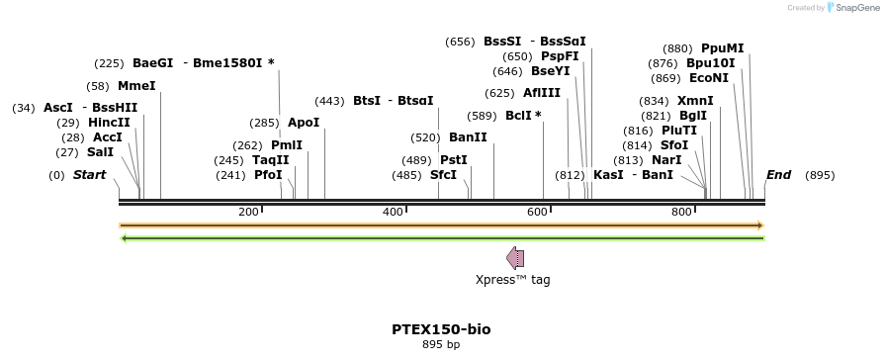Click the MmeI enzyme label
pos(136,86)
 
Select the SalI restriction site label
pos(100,152)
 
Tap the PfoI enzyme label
pos(268,175)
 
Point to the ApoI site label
pos(304,123)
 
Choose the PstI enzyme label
pos(454,160)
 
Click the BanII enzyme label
pos(468,137)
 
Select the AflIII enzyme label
pos(542,93)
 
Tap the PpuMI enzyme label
pos(722,48)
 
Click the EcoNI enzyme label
pos(709,78)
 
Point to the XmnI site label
pos(695,101)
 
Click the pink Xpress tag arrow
pos(515,258)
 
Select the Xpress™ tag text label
pos(513,280)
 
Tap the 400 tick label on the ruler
pos(394,212)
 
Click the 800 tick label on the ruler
pos(681,212)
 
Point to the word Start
pos(89,175)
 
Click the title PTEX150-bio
pos(441,329)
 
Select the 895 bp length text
pos(441,345)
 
